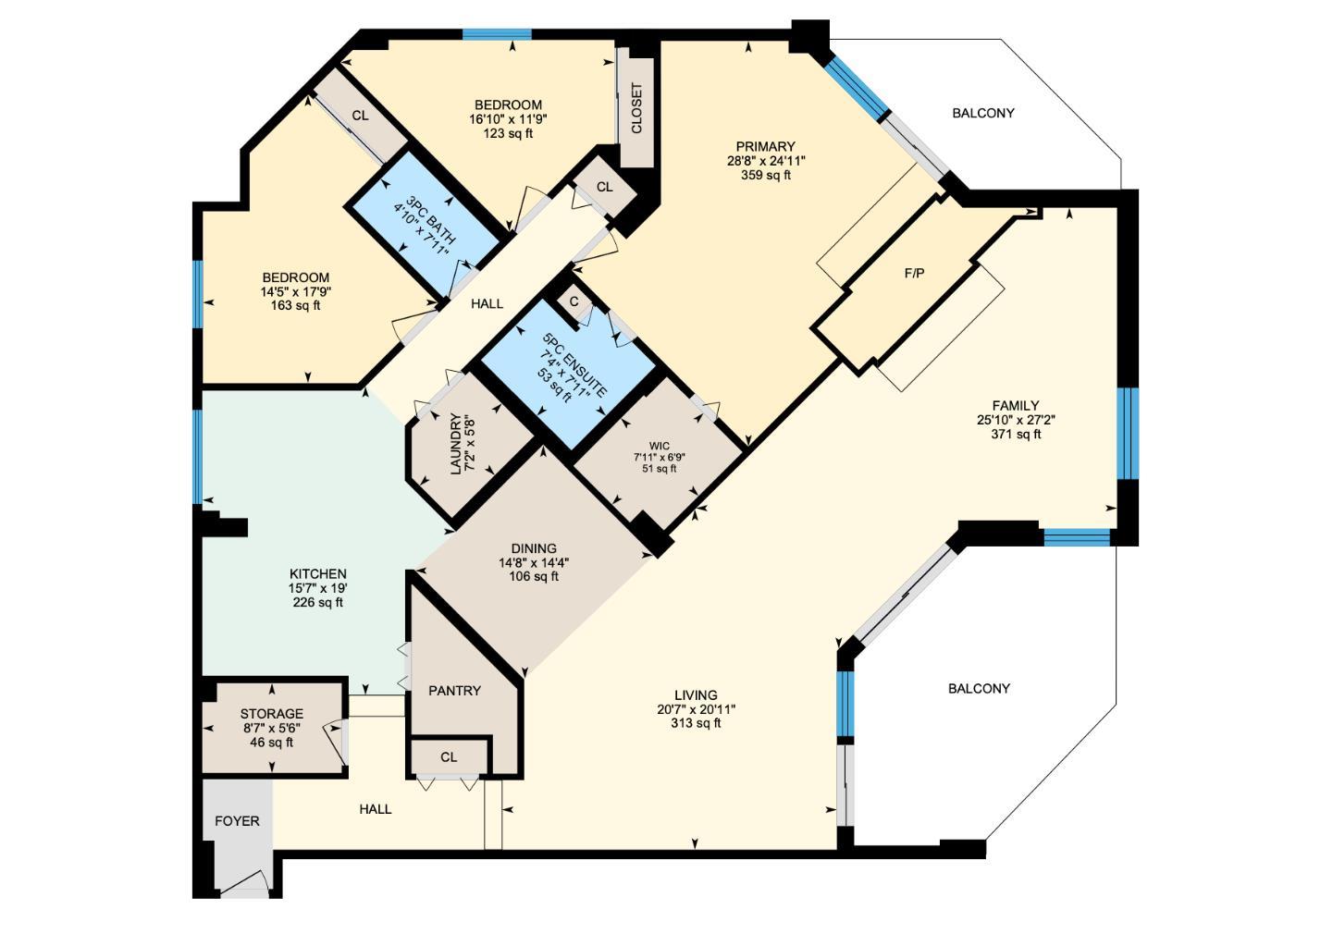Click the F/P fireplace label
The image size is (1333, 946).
913,274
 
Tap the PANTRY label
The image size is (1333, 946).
454,691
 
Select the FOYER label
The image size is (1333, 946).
237,821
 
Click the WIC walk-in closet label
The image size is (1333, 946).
659,446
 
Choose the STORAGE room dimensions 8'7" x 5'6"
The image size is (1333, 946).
271,728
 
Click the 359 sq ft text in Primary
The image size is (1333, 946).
765,175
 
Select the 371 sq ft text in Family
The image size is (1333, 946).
1015,434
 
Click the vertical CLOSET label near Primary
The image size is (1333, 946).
636,109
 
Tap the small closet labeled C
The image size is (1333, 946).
574,301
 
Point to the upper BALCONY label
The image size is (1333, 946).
982,113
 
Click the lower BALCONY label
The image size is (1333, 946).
979,689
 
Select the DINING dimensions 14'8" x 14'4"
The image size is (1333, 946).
533,562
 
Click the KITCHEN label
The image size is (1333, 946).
317,574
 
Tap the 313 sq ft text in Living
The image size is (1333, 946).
695,723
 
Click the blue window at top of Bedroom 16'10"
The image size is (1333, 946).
497,35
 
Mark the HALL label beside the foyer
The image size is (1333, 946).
375,809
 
